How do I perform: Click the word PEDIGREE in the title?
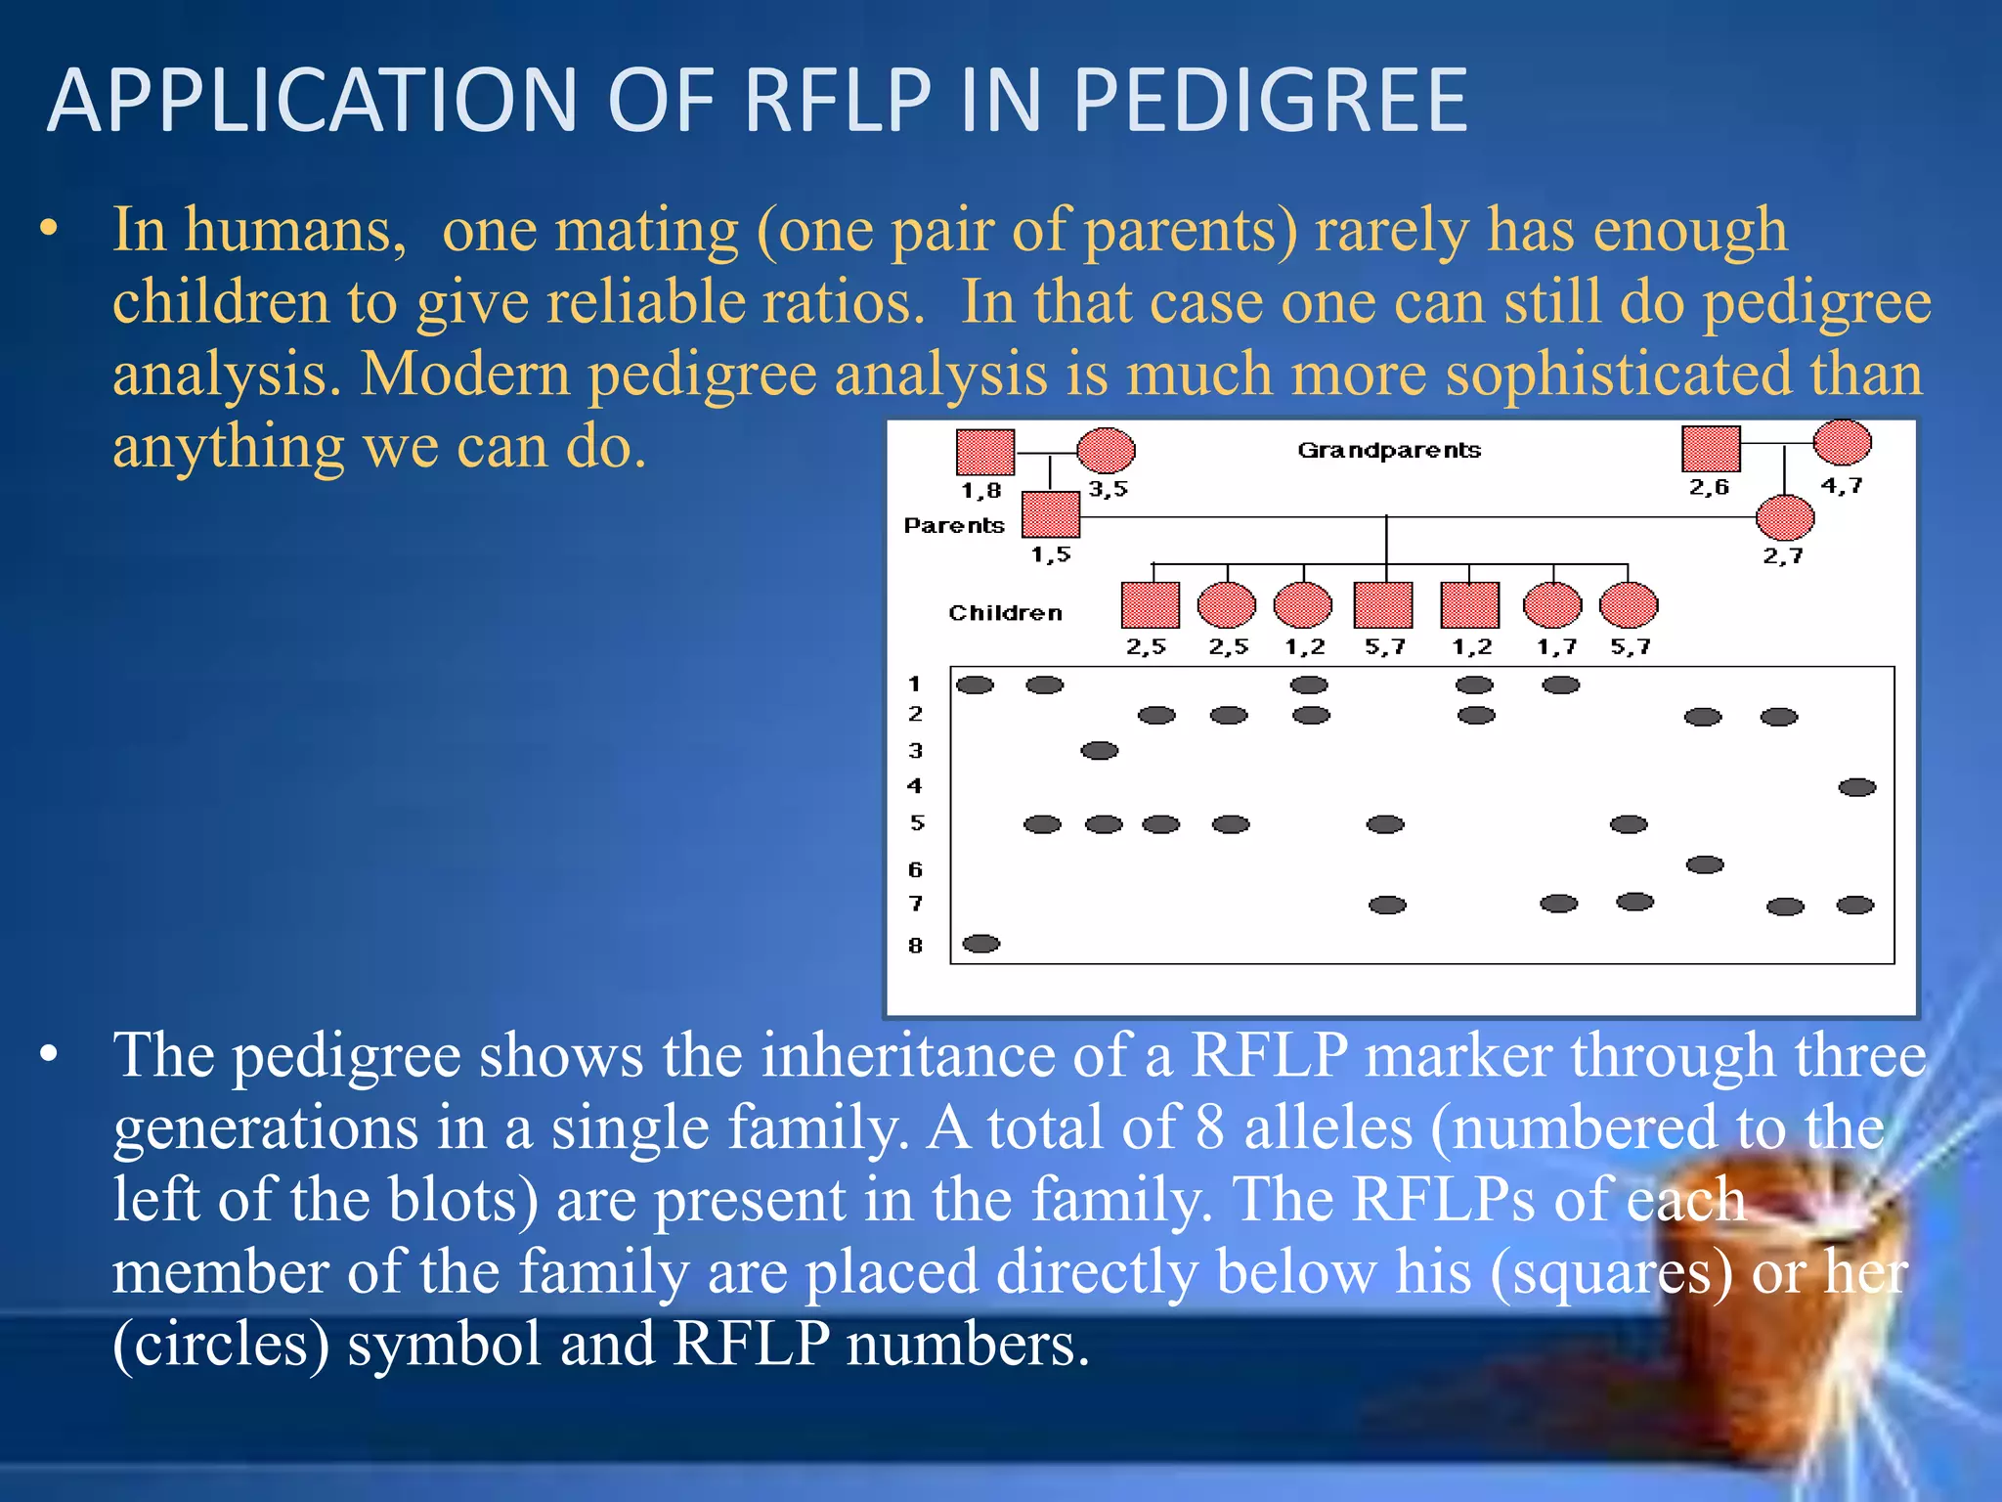pyautogui.click(x=1270, y=101)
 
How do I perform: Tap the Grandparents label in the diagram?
pyautogui.click(x=1388, y=450)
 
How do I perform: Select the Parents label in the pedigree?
pyautogui.click(x=953, y=526)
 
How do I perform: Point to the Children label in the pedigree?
pyautogui.click(x=1005, y=613)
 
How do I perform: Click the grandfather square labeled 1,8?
pyautogui.click(x=984, y=452)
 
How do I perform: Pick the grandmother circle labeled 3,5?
pyautogui.click(x=1106, y=451)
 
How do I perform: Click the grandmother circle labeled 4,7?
pyautogui.click(x=1842, y=442)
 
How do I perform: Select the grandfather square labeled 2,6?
pyautogui.click(x=1711, y=449)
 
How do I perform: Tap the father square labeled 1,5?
pyautogui.click(x=1051, y=514)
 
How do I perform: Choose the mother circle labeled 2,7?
pyautogui.click(x=1785, y=518)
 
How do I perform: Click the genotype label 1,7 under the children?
pyautogui.click(x=1556, y=647)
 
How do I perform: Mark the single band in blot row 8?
pyautogui.click(x=980, y=944)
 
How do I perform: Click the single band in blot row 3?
pyautogui.click(x=1100, y=751)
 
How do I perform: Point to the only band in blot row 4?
pyautogui.click(x=1856, y=787)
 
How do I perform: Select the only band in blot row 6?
pyautogui.click(x=1705, y=864)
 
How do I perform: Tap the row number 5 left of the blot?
pyautogui.click(x=916, y=823)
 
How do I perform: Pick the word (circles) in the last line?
pyautogui.click(x=221, y=1345)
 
